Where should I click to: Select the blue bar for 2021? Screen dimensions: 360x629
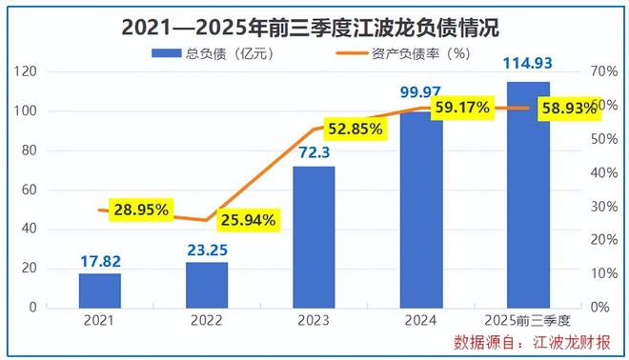(x=100, y=290)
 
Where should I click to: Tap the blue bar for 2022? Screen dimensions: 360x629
(x=207, y=284)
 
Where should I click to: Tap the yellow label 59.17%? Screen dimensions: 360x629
(x=461, y=108)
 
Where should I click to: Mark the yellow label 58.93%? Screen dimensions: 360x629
(x=568, y=109)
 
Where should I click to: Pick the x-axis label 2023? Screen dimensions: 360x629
(x=314, y=321)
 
